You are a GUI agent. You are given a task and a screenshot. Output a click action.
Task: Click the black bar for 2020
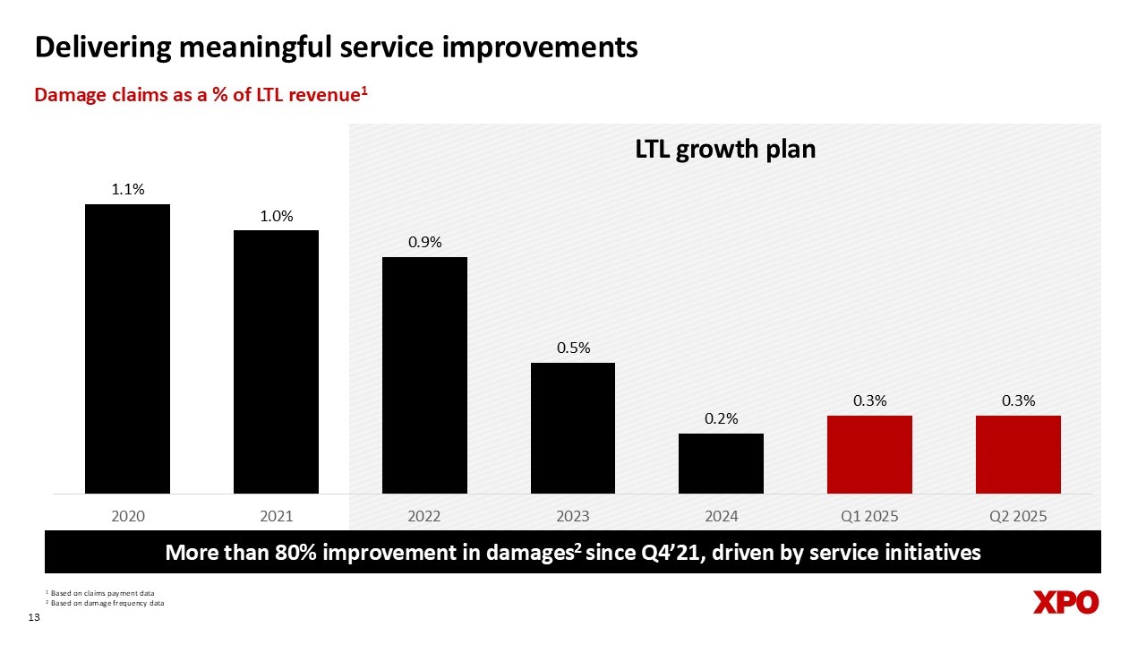[x=127, y=348]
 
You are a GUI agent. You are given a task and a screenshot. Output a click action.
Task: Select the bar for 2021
[x=276, y=362]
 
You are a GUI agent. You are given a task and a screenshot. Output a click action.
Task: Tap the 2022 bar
[x=424, y=375]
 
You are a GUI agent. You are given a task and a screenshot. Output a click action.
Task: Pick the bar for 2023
[x=573, y=428]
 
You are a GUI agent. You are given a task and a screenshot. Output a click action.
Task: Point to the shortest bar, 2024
[x=721, y=463]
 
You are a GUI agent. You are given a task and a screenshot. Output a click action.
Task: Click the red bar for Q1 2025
[x=869, y=454]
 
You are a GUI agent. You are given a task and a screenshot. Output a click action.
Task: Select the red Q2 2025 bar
[x=1018, y=454]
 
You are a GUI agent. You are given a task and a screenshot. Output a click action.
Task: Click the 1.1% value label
[x=128, y=190]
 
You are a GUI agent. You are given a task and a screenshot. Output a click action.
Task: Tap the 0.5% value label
[x=573, y=348]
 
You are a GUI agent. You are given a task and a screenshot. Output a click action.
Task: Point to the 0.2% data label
[x=721, y=419]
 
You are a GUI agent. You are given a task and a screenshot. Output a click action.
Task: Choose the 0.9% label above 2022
[x=424, y=243]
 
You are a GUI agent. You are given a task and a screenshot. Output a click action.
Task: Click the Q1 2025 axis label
[x=869, y=517]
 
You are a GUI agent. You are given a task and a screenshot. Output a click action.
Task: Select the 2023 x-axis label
[x=573, y=517]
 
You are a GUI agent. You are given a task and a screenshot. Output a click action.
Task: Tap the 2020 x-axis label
[x=128, y=517]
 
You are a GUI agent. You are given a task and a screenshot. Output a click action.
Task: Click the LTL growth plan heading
[x=725, y=149]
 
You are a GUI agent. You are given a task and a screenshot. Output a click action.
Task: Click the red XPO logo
[x=1065, y=603]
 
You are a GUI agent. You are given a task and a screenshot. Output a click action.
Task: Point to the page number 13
[x=36, y=619]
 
